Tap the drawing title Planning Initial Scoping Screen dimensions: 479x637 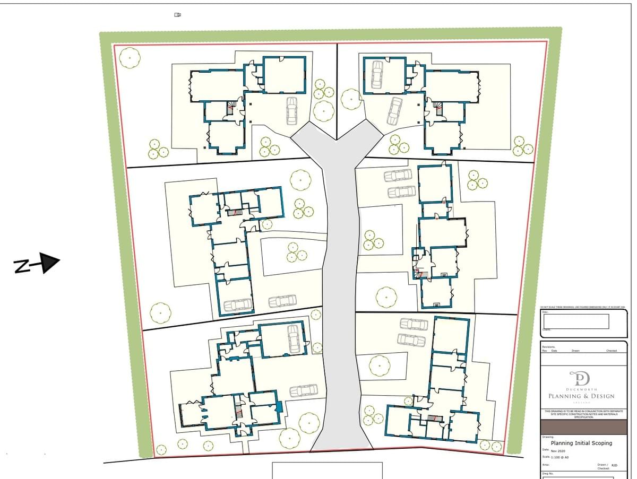click(x=581, y=443)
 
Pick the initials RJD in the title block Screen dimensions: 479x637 click(x=614, y=465)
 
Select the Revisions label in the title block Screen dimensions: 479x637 click(x=548, y=346)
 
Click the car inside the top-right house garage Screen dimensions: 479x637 click(x=377, y=74)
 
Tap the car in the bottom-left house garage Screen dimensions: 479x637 click(x=294, y=339)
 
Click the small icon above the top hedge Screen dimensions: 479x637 click(x=178, y=15)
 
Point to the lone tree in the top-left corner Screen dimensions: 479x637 click(x=129, y=57)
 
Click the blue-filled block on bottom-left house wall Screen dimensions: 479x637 click(x=279, y=407)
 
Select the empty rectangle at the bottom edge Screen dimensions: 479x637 click(x=327, y=471)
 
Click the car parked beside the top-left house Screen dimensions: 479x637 click(x=292, y=110)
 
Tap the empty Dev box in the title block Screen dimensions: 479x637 click(x=576, y=321)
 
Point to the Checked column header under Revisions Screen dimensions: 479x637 click(x=612, y=351)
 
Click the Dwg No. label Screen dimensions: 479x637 click(x=548, y=474)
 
